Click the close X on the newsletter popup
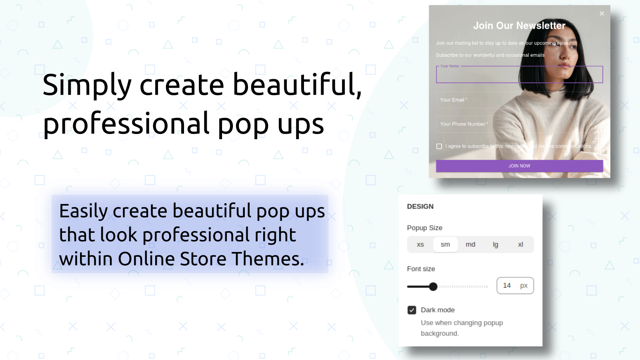click(x=602, y=14)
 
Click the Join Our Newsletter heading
click(x=519, y=26)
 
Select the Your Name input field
click(x=519, y=75)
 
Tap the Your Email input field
click(x=519, y=100)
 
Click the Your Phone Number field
click(x=519, y=124)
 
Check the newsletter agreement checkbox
click(x=439, y=146)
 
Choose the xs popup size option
click(x=420, y=244)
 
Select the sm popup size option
click(x=445, y=244)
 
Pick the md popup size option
click(x=470, y=244)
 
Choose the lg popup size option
click(x=495, y=244)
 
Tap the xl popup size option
click(x=520, y=244)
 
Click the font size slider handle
click(x=433, y=286)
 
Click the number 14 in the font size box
click(x=507, y=286)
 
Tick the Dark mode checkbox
click(x=412, y=310)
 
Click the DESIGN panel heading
click(x=420, y=206)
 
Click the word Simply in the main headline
click(x=87, y=85)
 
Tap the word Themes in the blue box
click(x=268, y=259)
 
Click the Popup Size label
click(x=424, y=228)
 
